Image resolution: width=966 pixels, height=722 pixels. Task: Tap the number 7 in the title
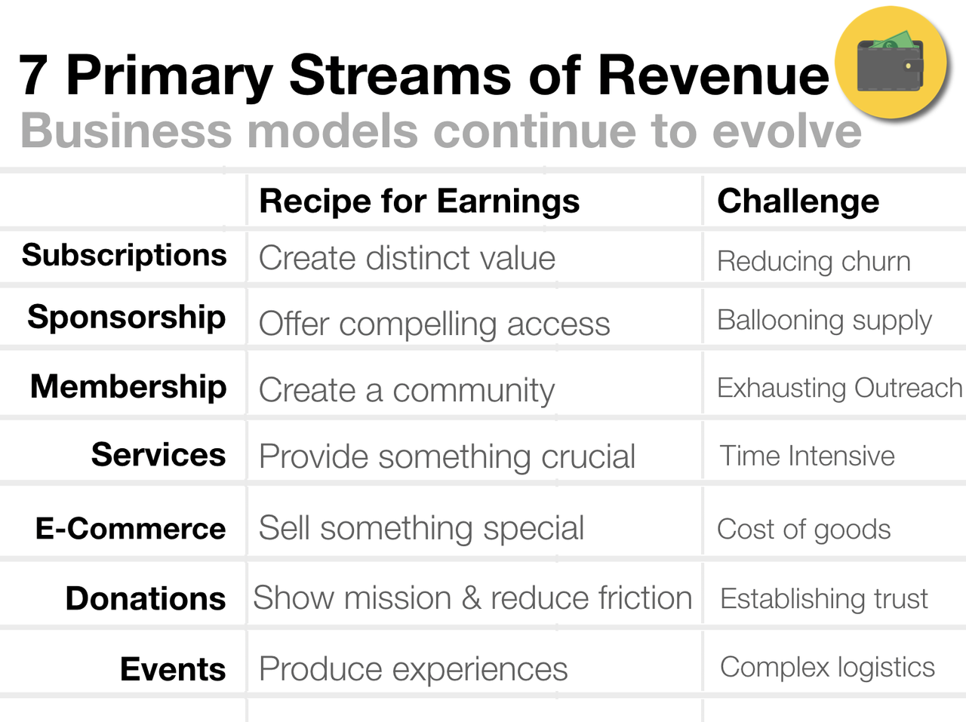34,76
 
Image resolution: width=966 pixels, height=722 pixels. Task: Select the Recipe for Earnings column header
419,201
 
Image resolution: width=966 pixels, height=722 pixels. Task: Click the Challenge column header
798,201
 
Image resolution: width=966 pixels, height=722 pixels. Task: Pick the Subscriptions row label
124,256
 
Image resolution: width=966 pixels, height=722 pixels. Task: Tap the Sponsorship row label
126,318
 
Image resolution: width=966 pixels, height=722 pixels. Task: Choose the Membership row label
128,386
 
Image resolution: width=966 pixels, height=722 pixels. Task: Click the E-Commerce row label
130,529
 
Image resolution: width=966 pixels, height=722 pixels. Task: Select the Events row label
173,669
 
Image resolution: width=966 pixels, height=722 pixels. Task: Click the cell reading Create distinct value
407,259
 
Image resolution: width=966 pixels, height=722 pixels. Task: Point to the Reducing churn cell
814,262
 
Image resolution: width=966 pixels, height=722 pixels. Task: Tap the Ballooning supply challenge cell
824,321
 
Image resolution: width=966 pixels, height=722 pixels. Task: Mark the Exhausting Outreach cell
839,389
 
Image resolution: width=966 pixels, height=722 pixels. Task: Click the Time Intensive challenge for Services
807,456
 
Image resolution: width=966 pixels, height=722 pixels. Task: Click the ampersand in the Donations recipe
471,598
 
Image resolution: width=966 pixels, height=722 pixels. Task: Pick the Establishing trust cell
823,599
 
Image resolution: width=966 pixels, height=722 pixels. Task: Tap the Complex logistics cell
827,668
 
